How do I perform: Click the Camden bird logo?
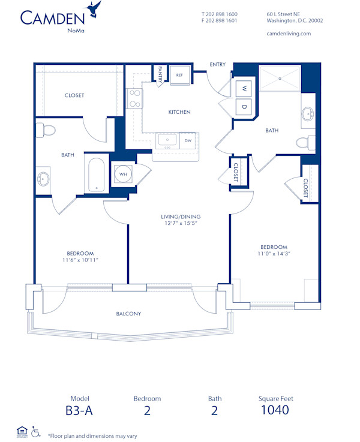click(93, 8)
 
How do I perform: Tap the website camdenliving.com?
click(288, 34)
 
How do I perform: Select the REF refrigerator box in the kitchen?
click(179, 74)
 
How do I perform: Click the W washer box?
click(244, 88)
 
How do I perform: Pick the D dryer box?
click(244, 107)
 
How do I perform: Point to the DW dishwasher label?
click(188, 140)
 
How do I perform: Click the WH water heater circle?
click(123, 175)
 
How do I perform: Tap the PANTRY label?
click(160, 74)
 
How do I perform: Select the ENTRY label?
click(217, 64)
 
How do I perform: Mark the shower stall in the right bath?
click(280, 79)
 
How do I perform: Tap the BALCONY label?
click(128, 314)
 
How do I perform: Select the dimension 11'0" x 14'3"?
click(273, 254)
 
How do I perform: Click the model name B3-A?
click(80, 410)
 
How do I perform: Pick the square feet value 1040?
click(274, 410)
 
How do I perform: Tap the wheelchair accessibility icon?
click(36, 431)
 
